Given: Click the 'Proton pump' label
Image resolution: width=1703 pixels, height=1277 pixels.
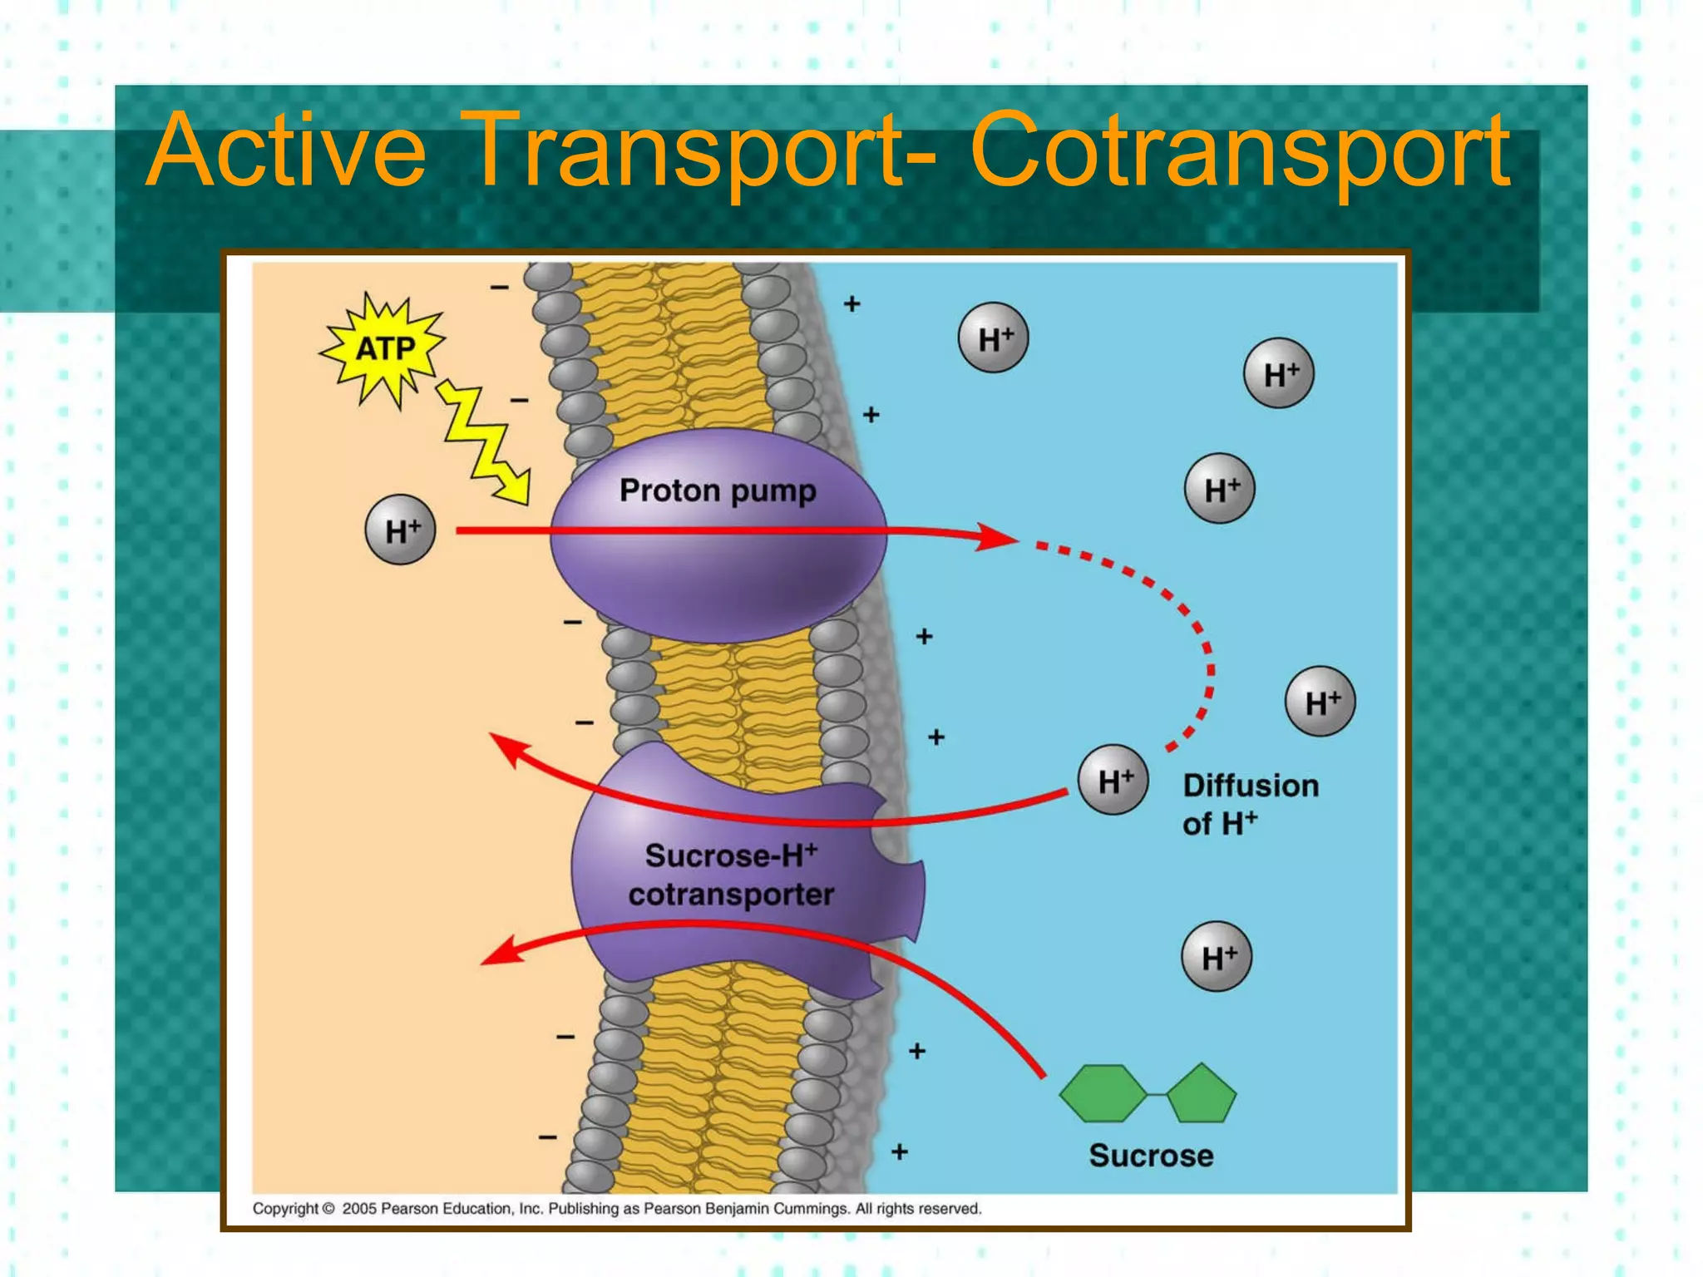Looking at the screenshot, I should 718,491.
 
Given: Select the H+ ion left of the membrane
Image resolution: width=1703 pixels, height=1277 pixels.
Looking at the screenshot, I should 401,530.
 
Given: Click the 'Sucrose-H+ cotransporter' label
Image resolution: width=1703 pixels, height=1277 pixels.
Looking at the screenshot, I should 731,875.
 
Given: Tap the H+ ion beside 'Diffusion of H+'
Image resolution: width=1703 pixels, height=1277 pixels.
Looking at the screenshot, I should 1113,780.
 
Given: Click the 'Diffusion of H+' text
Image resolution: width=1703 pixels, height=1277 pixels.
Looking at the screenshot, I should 1250,804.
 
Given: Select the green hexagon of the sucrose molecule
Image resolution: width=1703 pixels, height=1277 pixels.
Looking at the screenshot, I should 1103,1094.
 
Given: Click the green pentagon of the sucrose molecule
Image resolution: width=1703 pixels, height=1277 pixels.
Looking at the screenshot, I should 1202,1094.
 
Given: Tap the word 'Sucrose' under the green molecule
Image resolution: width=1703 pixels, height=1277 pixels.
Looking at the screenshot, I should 1151,1156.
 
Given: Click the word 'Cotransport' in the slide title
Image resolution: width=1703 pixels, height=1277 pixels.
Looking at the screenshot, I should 1239,151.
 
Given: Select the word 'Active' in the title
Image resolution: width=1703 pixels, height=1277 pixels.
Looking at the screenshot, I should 287,151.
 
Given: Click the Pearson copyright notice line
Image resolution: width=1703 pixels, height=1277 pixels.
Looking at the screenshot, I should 617,1208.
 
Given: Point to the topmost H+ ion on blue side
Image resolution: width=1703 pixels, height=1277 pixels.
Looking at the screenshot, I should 993,338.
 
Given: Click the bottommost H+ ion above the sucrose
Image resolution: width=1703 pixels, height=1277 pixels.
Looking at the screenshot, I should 1217,957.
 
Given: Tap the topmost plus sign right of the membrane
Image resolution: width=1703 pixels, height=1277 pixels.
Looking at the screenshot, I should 851,303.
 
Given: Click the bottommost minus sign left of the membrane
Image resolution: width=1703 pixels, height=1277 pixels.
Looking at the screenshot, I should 547,1136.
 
